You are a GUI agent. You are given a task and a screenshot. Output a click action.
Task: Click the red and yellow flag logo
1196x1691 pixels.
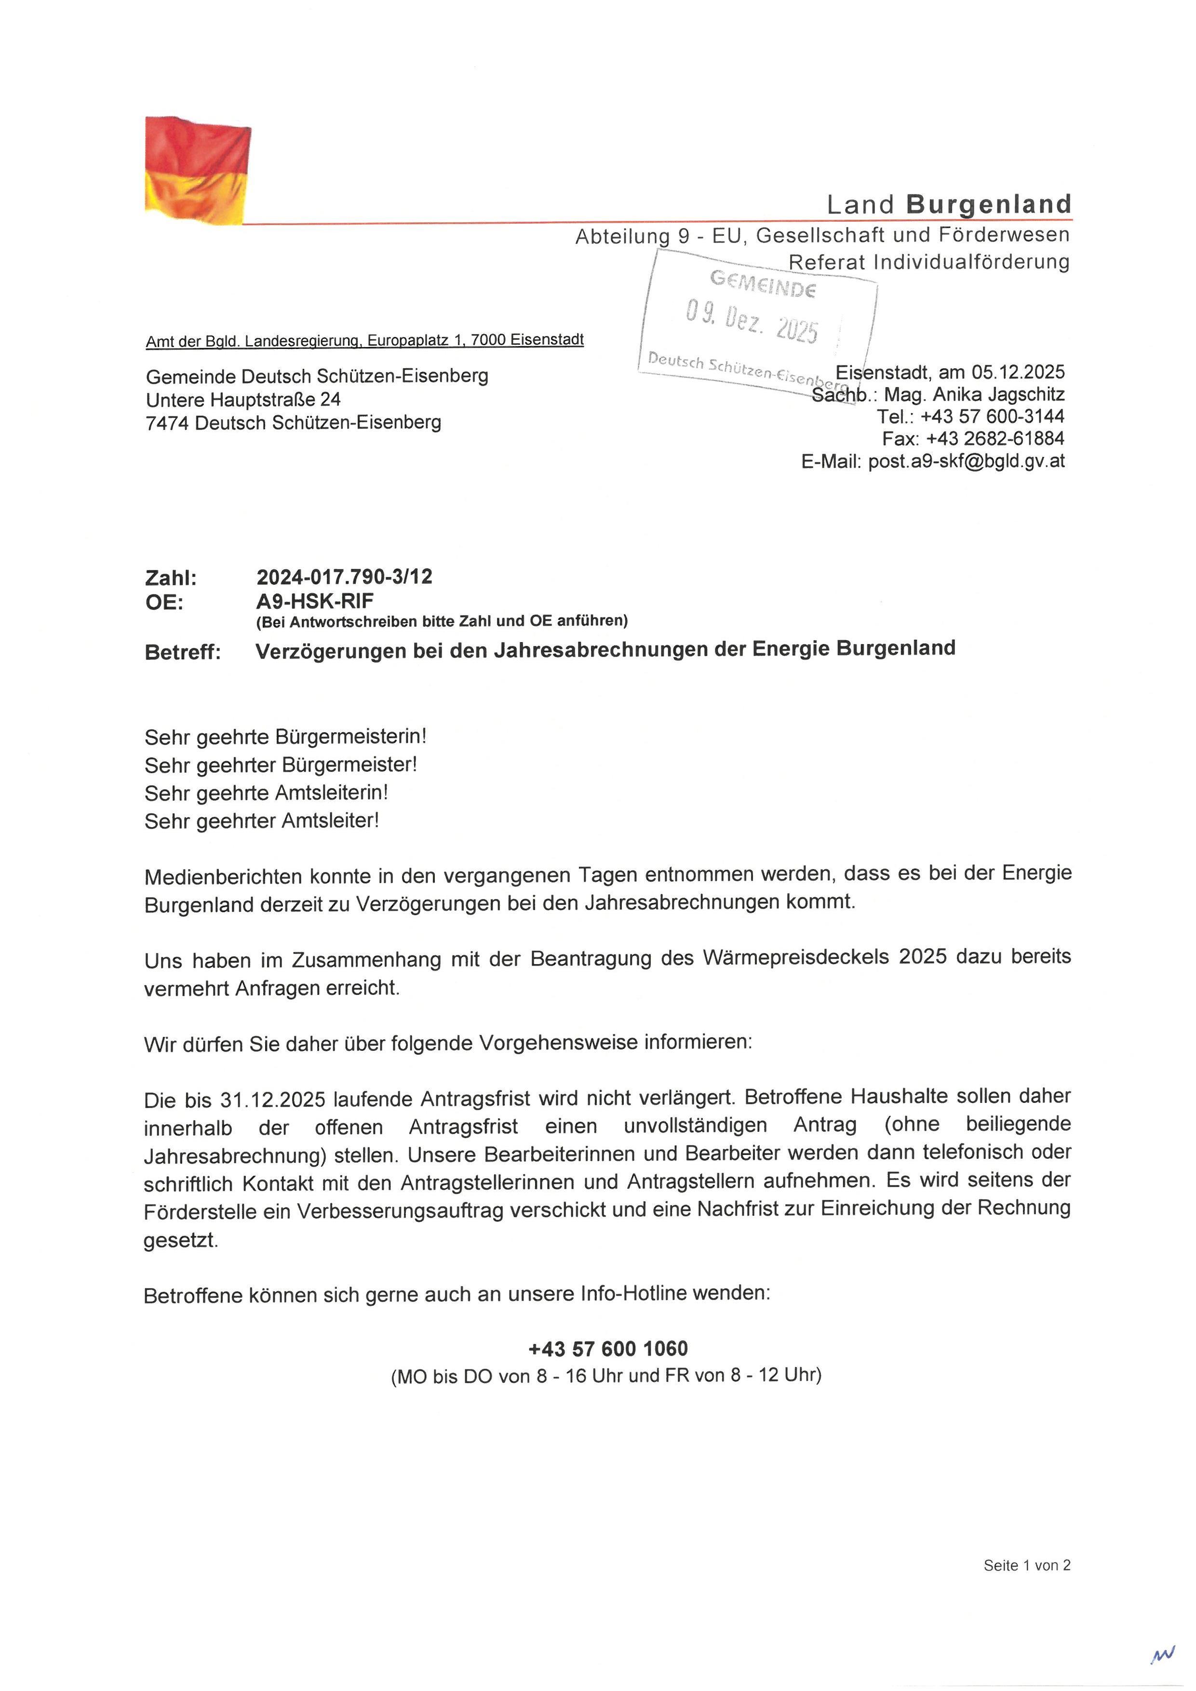tap(197, 170)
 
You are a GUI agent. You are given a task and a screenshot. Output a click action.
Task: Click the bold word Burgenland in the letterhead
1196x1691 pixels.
tap(988, 204)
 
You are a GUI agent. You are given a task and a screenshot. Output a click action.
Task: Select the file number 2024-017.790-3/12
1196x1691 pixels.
tap(344, 577)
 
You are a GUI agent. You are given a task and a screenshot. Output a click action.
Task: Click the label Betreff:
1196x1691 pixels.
tap(183, 653)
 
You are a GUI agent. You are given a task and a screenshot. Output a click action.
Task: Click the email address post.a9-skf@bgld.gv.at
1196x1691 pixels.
tap(966, 462)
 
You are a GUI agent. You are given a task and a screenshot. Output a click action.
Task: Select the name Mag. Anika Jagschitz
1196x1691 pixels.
tap(974, 395)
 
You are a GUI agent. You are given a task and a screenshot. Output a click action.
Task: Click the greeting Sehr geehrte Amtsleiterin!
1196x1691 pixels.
tap(266, 793)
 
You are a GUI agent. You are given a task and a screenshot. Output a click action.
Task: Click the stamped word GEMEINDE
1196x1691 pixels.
tap(762, 283)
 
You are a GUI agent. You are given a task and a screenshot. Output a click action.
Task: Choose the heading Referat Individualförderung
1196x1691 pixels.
tap(928, 262)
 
